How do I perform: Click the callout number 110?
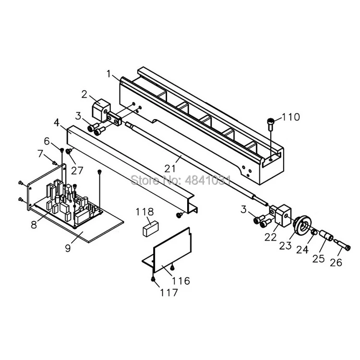pyautogui.click(x=290, y=117)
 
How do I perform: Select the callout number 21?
pyautogui.click(x=169, y=168)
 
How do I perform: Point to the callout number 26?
pyautogui.click(x=336, y=263)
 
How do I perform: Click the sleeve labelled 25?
pyautogui.click(x=326, y=235)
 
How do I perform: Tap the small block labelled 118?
pyautogui.click(x=151, y=228)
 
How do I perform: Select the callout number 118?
pyautogui.click(x=144, y=212)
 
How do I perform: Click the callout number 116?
pyautogui.click(x=181, y=281)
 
